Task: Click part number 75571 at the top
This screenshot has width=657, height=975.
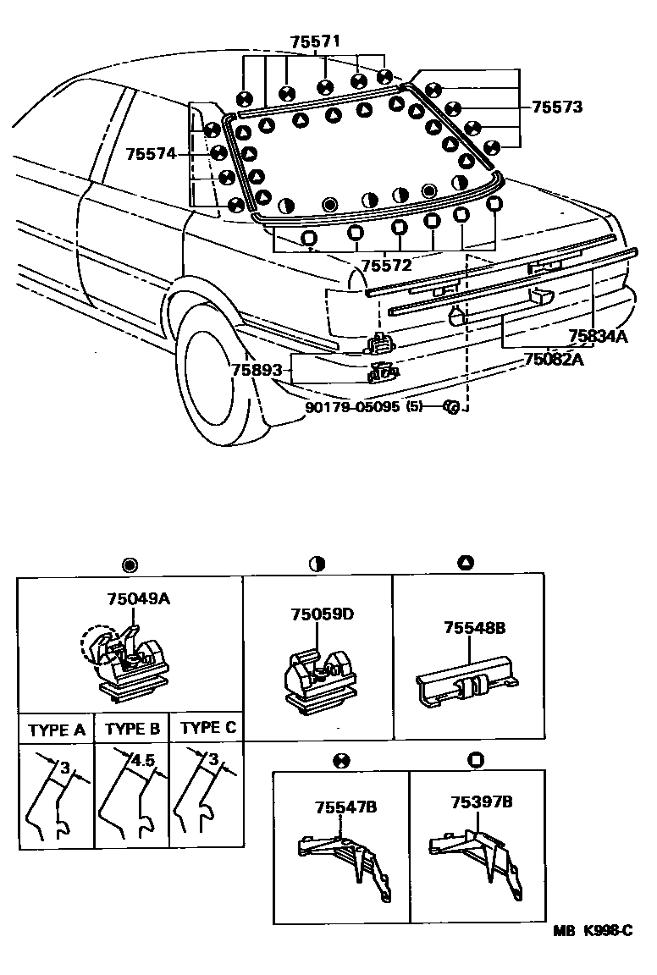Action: pyautogui.click(x=315, y=41)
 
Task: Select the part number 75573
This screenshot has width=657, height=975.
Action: pyautogui.click(x=556, y=107)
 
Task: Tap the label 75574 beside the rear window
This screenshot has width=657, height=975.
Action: pyautogui.click(x=151, y=154)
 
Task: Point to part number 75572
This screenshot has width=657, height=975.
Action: pyautogui.click(x=386, y=265)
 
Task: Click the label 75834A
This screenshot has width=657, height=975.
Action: pyautogui.click(x=598, y=336)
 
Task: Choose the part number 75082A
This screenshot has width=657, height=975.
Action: pyautogui.click(x=555, y=358)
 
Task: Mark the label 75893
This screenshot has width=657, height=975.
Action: pyautogui.click(x=253, y=370)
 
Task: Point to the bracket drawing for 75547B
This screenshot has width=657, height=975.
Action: pyautogui.click(x=342, y=859)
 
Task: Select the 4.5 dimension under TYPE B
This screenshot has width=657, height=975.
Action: pyautogui.click(x=143, y=760)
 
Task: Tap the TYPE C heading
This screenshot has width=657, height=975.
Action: pyautogui.click(x=208, y=728)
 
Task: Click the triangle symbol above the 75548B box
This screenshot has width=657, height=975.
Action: pyautogui.click(x=466, y=564)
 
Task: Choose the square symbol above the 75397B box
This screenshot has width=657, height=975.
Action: pyautogui.click(x=475, y=759)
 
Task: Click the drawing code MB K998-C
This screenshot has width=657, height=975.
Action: pyautogui.click(x=593, y=932)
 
